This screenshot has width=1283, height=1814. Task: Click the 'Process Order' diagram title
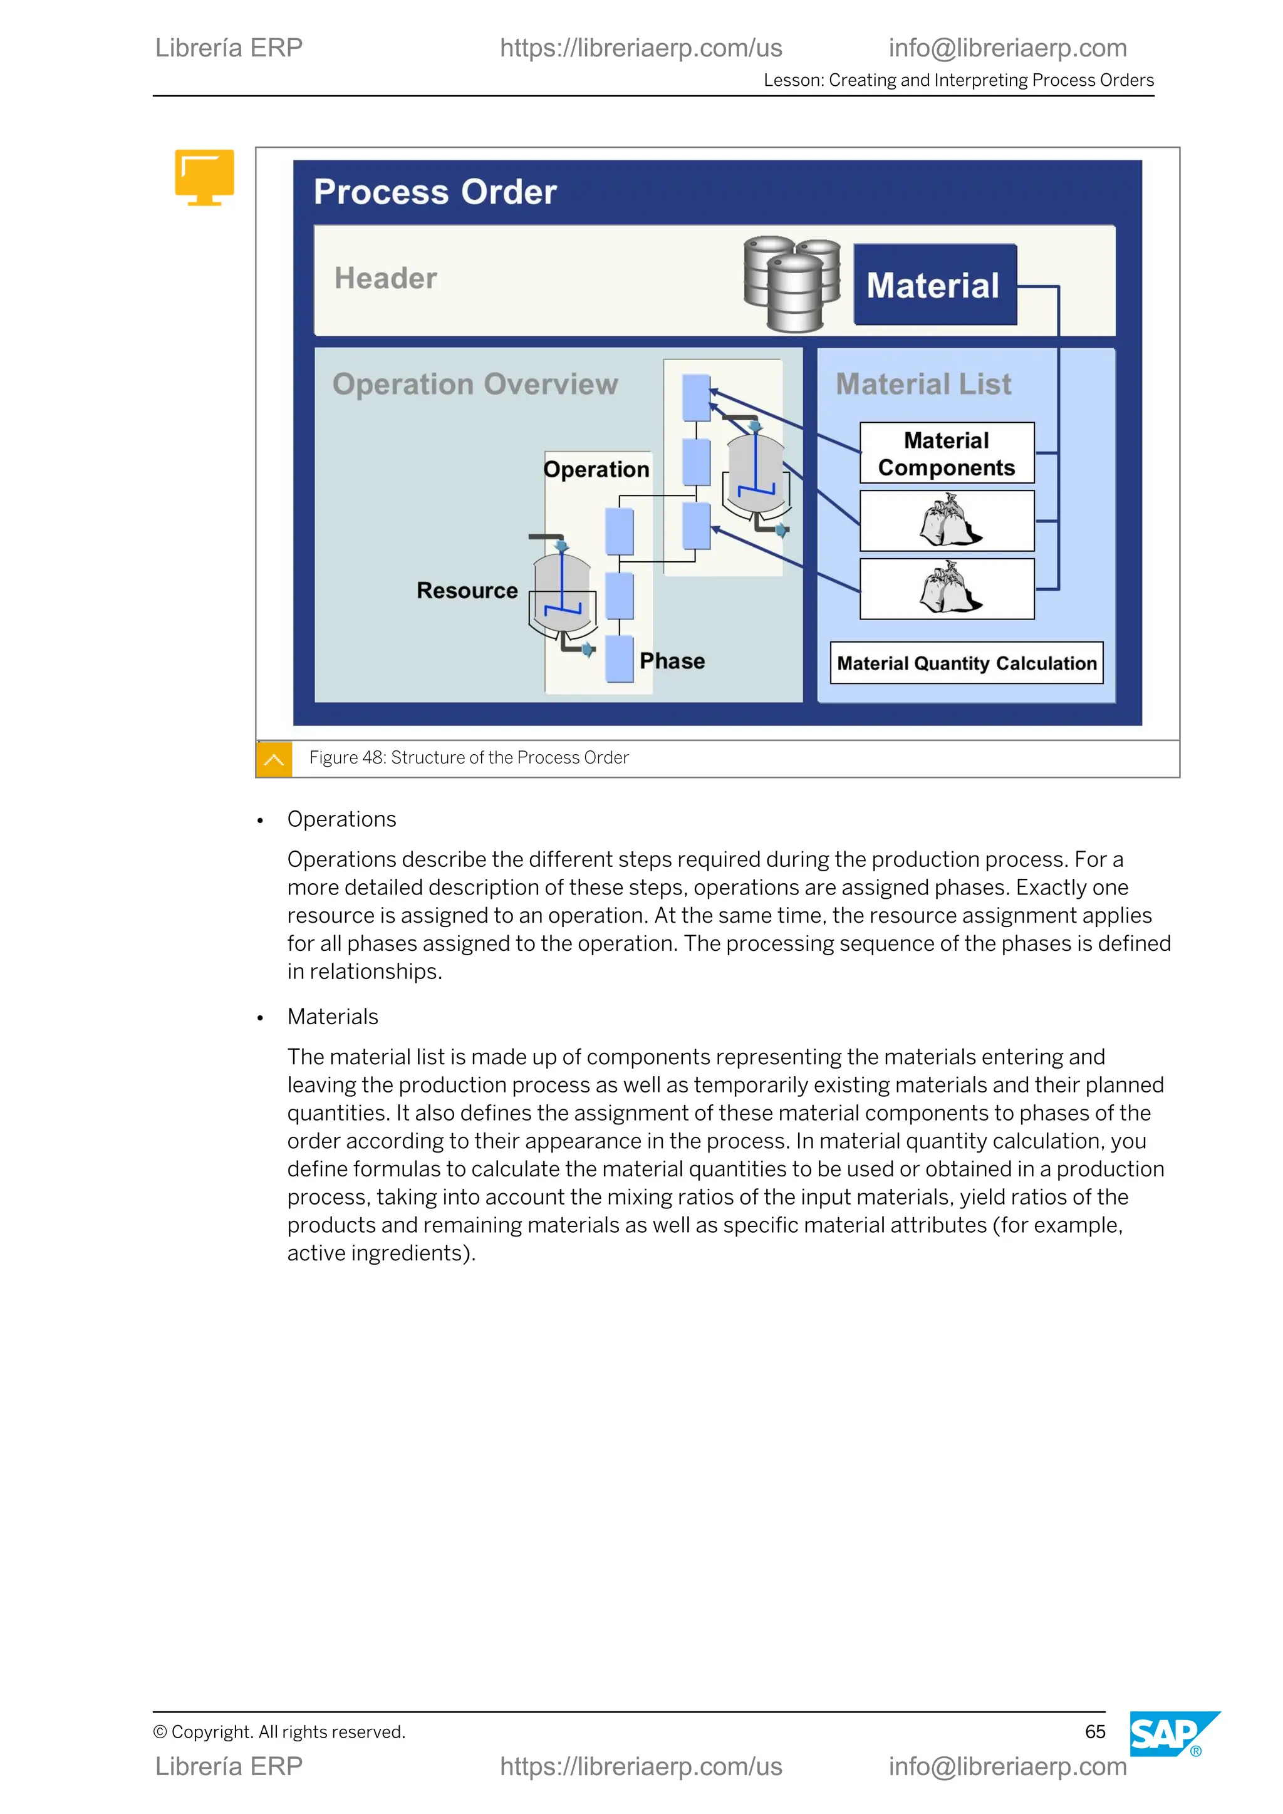pos(435,192)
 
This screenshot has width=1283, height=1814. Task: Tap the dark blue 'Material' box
pos(935,284)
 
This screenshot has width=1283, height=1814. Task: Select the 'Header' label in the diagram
pos(385,278)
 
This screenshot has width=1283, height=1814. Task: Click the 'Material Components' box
pos(947,453)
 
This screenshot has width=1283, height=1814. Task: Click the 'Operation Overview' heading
pos(475,384)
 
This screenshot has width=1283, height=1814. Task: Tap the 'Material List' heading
pos(923,384)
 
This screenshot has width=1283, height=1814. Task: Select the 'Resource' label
pos(467,590)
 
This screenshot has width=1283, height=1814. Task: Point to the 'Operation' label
pos(596,469)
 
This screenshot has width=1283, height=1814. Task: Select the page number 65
pos(1094,1732)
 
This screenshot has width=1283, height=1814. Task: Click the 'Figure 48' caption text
pos(469,758)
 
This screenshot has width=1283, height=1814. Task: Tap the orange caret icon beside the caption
pos(274,759)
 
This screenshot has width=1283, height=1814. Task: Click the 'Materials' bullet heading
pos(333,1017)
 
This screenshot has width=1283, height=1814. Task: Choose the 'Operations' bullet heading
pos(341,819)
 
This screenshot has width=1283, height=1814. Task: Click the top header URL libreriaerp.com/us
pos(641,48)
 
